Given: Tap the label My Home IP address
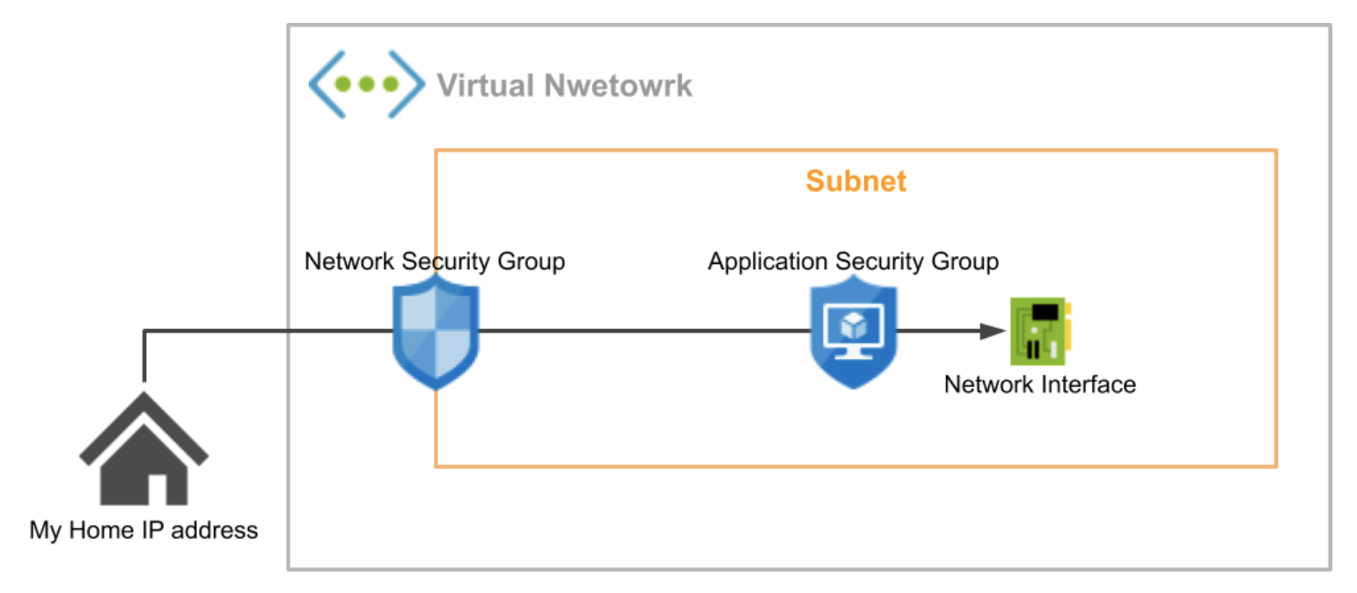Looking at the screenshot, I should (143, 531).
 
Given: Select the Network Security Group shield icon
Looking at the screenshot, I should (436, 329).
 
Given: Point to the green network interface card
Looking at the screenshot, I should (1041, 331).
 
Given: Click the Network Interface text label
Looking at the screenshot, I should (1039, 384).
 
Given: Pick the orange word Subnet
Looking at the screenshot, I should (855, 182).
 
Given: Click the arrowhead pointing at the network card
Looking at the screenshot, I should (994, 331).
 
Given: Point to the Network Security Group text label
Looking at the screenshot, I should (435, 261).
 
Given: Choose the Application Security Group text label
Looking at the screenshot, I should (853, 261).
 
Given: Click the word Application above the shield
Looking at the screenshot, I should (767, 261).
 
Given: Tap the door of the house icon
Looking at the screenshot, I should (157, 487).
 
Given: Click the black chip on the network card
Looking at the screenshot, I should (1045, 311).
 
